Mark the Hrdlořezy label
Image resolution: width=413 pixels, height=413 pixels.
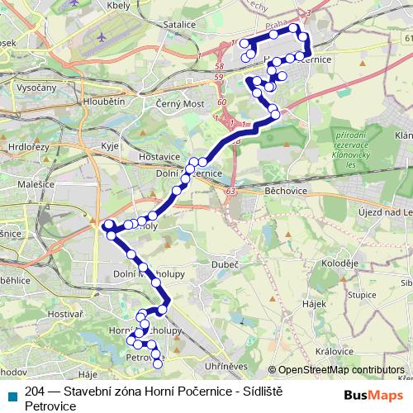(24, 145)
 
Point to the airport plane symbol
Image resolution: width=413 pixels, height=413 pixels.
(101, 38)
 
